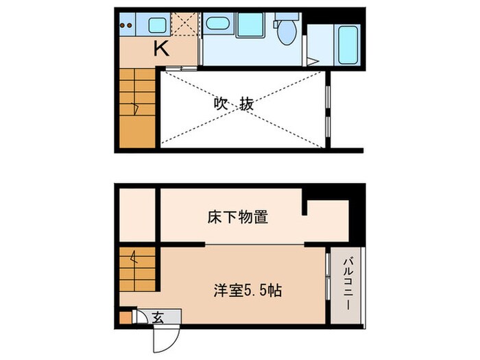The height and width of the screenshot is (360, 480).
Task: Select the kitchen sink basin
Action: (x=157, y=26)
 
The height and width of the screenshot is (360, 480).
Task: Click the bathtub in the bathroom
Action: (x=348, y=44)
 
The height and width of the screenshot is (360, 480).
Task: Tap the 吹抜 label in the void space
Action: (x=233, y=105)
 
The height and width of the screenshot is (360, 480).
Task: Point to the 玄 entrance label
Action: (x=158, y=317)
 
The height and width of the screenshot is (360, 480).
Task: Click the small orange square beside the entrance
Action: (x=124, y=317)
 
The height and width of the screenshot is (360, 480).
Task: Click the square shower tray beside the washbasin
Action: (x=250, y=25)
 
